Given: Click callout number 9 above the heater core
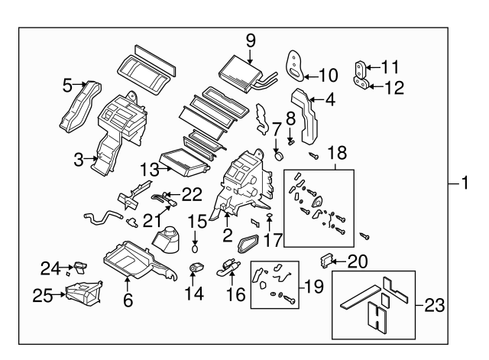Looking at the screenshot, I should tap(250, 39).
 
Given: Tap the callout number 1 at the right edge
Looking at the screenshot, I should tap(464, 183).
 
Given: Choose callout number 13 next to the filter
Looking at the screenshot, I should tap(150, 167).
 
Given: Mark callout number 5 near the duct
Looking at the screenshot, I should tap(67, 84).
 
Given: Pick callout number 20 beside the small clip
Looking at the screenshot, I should tap(358, 261).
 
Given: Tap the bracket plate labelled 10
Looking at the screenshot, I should tap(295, 65).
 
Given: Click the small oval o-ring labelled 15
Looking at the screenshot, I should tap(196, 248).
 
